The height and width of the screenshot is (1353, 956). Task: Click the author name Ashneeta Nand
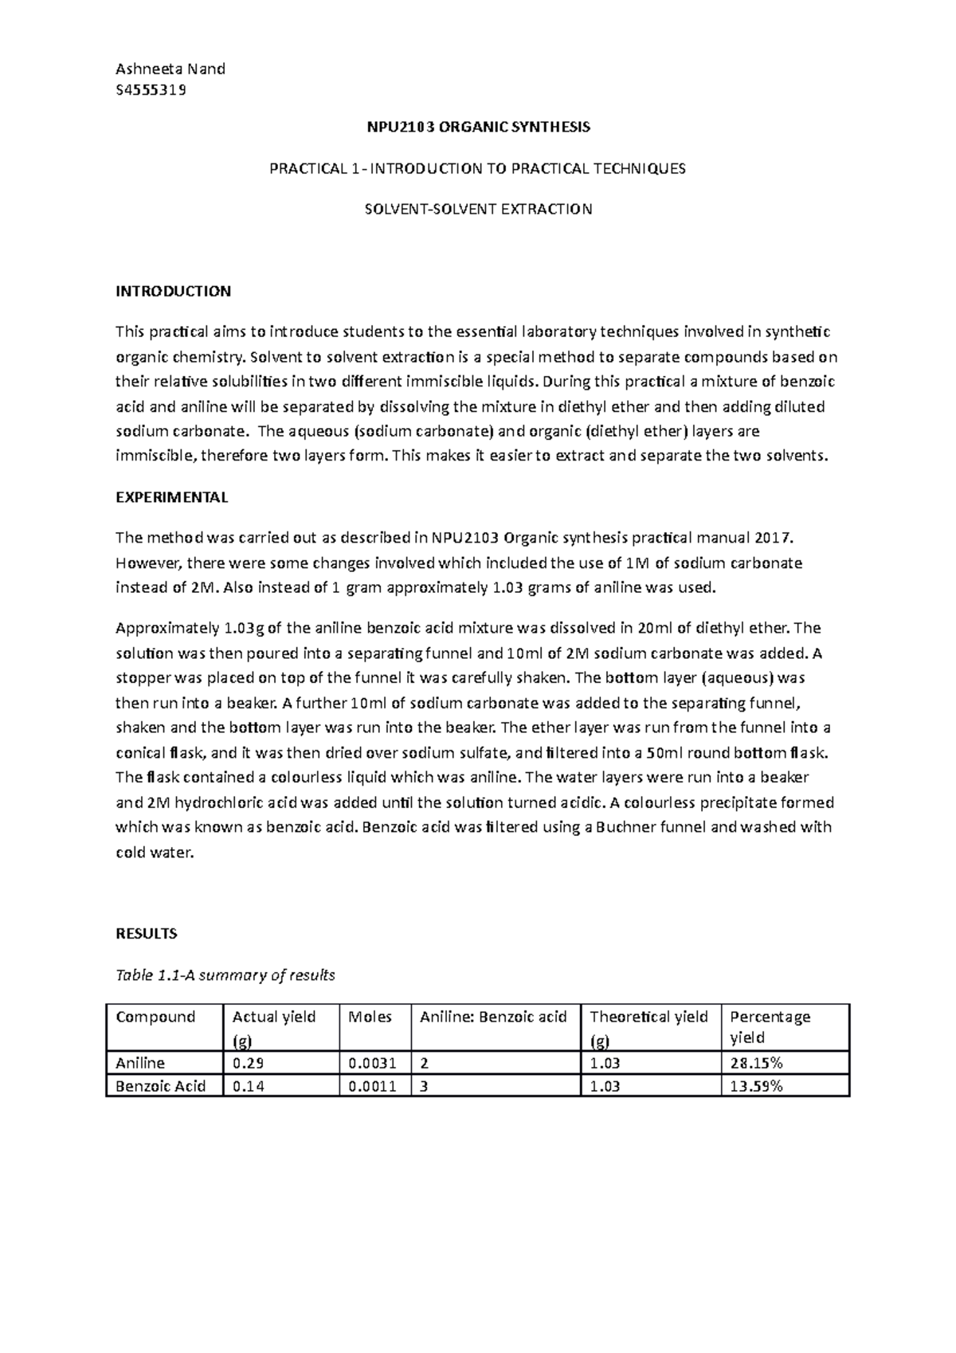[170, 69]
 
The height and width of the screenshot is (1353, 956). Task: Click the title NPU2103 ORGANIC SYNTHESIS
[478, 127]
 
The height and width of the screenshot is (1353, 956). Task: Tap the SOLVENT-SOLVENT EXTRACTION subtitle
[478, 210]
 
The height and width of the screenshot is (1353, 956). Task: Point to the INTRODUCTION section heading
[173, 291]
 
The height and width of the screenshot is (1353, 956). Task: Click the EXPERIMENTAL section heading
[172, 497]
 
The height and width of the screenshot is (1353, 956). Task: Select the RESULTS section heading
[147, 933]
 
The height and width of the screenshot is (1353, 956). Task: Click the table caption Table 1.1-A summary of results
[225, 975]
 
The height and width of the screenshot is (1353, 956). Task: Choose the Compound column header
[155, 1017]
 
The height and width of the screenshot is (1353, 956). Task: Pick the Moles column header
[370, 1017]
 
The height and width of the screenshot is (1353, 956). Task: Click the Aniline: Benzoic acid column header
[493, 1017]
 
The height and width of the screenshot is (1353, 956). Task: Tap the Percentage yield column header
[770, 1026]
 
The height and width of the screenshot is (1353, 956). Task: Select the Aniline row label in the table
[140, 1063]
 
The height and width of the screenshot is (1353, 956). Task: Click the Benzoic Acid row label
[161, 1085]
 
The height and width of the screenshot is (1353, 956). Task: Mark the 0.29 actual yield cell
[244, 1063]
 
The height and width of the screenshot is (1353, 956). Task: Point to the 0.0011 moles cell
[372, 1085]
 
